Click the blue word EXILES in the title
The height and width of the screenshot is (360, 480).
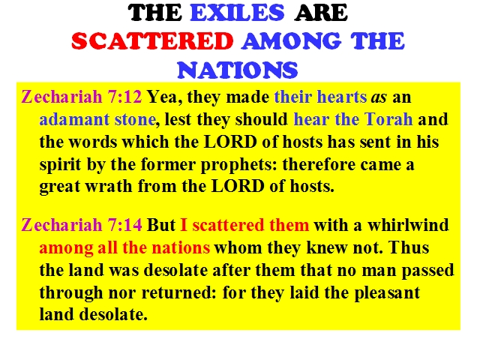coord(237,13)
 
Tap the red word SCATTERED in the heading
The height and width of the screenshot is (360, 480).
coord(152,41)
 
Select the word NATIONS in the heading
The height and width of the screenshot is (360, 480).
coord(237,70)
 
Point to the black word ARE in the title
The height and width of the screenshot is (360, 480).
coord(320,13)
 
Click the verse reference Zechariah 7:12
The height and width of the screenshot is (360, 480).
coord(82,97)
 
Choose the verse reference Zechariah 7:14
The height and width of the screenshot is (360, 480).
coord(82,225)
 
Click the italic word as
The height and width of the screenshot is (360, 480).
coord(379,97)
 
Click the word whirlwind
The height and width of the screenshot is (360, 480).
coord(408,225)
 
